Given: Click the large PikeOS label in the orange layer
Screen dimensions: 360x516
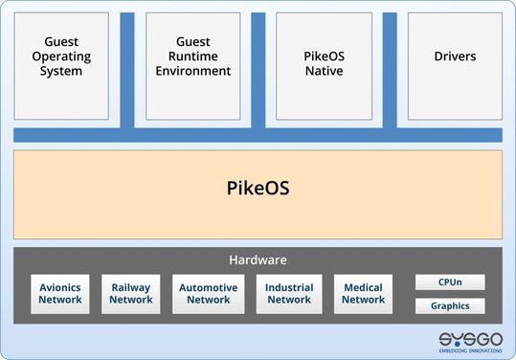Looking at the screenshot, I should [258, 188].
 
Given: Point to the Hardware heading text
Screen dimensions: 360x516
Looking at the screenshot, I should [258, 259].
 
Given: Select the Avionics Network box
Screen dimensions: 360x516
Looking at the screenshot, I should [60, 294].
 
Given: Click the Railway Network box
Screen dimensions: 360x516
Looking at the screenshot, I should [131, 294].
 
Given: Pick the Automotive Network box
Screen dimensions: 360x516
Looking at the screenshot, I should [208, 294].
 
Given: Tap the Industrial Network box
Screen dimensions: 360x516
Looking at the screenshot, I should [289, 294].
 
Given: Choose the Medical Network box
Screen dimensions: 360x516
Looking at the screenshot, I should [364, 294].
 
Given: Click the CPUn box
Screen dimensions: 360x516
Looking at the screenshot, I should [450, 282].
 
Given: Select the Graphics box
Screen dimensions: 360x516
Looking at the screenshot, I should [450, 306].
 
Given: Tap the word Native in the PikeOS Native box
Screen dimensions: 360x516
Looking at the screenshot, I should [324, 71].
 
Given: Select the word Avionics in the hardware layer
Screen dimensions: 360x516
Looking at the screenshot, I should [60, 287].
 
